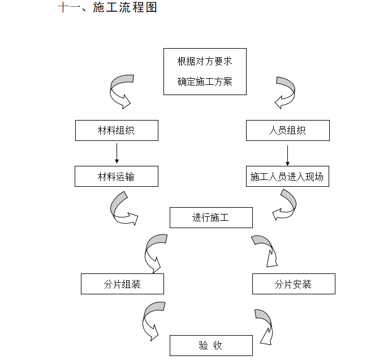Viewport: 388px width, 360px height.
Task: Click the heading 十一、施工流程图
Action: [107, 8]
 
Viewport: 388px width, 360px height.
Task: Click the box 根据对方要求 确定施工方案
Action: [205, 71]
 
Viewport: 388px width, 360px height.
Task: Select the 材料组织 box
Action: [117, 131]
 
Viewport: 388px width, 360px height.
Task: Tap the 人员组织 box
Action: [287, 131]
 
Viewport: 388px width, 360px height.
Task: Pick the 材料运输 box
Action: [117, 177]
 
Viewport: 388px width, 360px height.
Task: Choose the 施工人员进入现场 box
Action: [287, 177]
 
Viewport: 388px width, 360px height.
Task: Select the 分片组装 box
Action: [122, 284]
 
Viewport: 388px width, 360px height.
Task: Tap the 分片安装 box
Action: [293, 284]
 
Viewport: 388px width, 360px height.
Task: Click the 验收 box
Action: [211, 345]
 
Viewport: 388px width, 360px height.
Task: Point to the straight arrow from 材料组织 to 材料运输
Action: [117, 153]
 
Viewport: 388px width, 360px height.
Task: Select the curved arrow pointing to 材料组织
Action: [120, 91]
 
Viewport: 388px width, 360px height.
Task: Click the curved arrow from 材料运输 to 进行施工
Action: [121, 209]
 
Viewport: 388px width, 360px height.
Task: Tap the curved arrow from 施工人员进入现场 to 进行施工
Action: [286, 204]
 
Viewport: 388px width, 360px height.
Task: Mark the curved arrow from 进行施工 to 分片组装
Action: [153, 250]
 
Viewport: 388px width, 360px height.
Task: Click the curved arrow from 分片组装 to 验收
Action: [151, 319]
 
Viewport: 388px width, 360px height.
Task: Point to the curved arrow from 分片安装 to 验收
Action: [265, 325]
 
